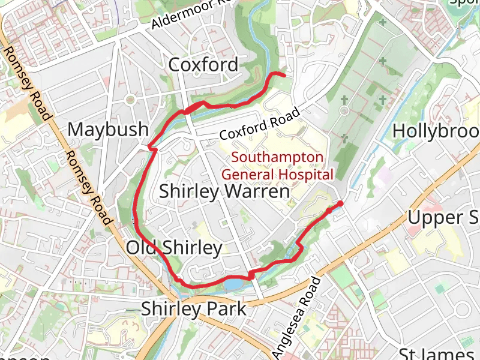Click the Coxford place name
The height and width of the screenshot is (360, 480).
point(203,64)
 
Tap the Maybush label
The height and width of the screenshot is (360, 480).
point(108,129)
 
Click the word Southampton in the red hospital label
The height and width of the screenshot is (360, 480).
point(277,158)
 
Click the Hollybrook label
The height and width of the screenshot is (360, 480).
point(436,130)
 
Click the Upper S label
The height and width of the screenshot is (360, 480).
point(443,217)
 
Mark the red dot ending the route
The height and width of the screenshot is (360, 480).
point(340,204)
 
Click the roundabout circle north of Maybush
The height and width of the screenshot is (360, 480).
point(129,100)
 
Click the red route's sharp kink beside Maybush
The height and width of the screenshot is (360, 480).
point(150,146)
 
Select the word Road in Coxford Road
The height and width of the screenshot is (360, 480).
point(285,116)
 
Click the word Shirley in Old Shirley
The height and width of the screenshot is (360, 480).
point(191,247)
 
